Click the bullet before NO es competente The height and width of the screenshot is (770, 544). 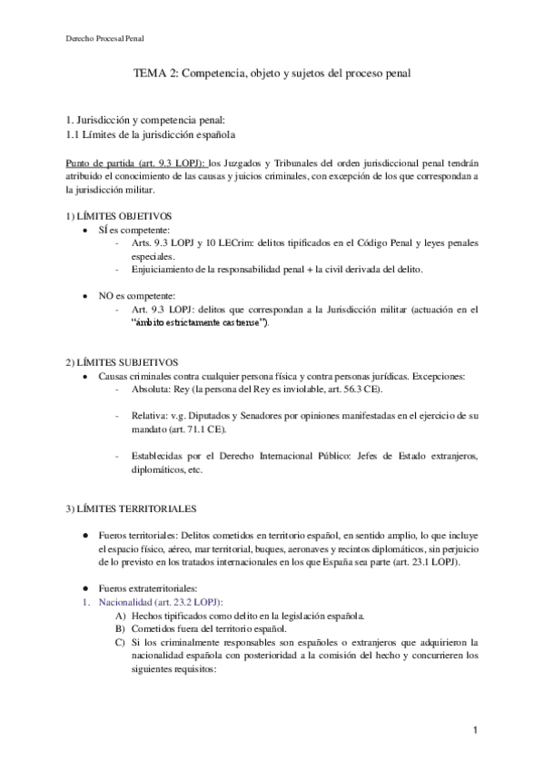[85, 296]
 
